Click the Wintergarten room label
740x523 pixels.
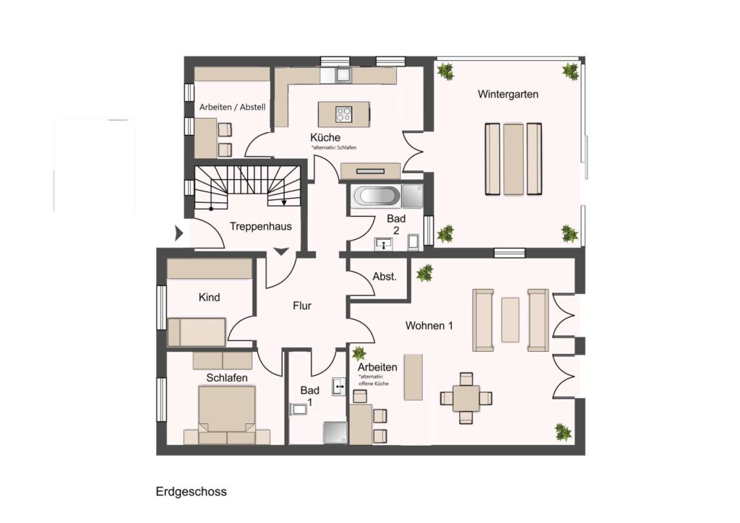508,94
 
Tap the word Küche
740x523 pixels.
325,137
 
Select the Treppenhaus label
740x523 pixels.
260,226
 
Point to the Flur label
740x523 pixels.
302,306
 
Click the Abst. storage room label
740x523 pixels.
384,277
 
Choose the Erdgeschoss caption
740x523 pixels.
191,491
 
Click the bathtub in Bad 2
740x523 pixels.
376,196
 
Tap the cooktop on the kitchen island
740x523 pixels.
343,114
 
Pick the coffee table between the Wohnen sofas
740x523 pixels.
510,319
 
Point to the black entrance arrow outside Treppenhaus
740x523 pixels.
179,233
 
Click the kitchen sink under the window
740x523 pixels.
342,75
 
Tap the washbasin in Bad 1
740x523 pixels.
339,386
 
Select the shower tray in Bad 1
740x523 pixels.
335,433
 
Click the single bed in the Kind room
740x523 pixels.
197,332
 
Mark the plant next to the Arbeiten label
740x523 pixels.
359,353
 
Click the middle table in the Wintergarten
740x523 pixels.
513,159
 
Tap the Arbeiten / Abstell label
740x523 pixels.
232,107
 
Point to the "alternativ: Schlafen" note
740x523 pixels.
334,147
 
